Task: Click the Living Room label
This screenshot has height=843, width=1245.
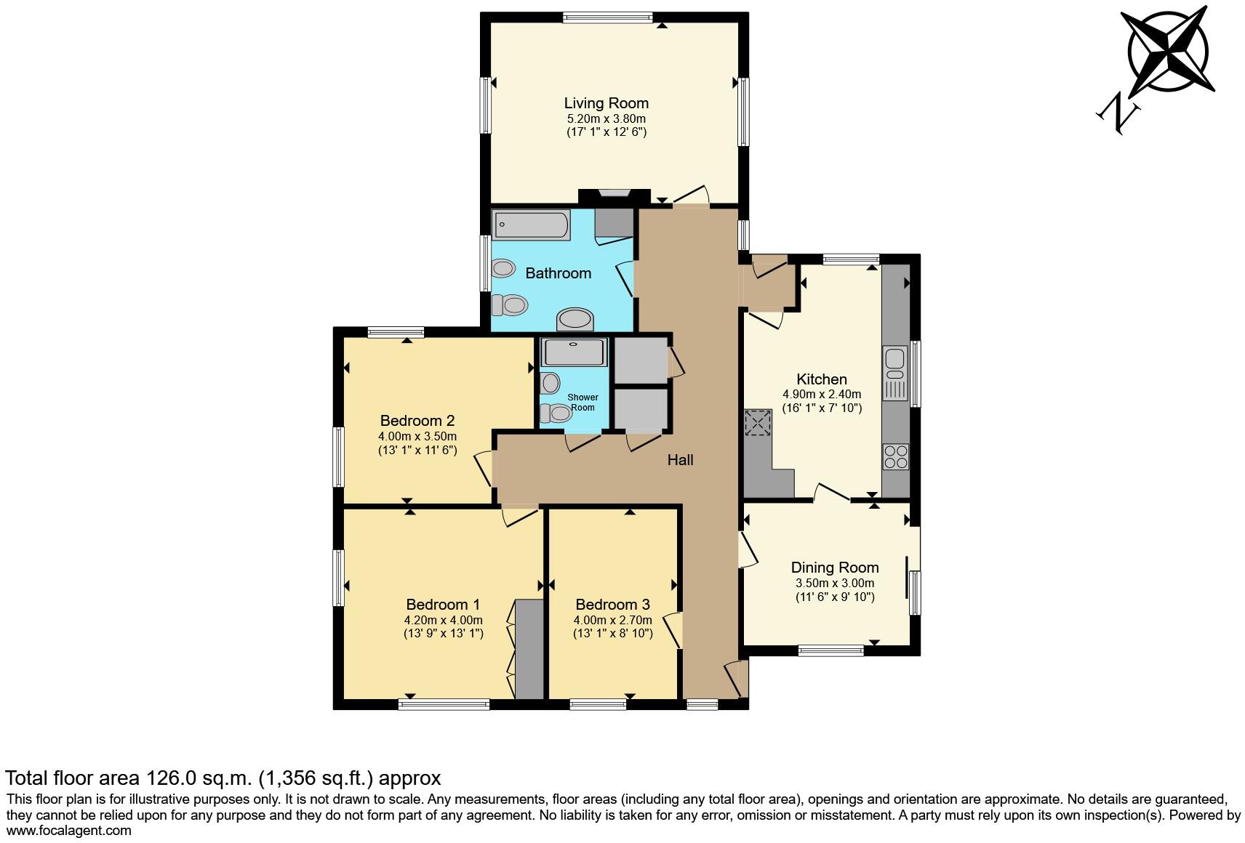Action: [x=607, y=103]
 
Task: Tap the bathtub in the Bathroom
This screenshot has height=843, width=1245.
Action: [x=532, y=225]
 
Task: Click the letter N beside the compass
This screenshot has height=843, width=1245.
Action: [x=1118, y=116]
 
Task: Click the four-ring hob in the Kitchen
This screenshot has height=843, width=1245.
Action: [x=895, y=456]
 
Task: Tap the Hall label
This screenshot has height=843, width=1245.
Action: [x=681, y=460]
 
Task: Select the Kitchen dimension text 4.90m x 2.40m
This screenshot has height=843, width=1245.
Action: [x=822, y=395]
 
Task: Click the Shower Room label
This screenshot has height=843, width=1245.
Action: [x=583, y=403]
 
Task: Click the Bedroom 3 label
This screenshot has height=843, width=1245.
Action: [x=612, y=605]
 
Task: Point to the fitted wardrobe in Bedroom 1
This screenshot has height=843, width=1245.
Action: [x=530, y=649]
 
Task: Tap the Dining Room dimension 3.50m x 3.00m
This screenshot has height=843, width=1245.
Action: [x=835, y=583]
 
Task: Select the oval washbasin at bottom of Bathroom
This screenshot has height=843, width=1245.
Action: [x=575, y=319]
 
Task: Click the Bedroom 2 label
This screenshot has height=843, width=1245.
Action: [x=417, y=421]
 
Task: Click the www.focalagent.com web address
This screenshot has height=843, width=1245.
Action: [x=69, y=831]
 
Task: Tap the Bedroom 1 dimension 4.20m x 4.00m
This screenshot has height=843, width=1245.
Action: [x=443, y=620]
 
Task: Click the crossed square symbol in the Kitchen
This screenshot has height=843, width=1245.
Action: [x=758, y=422]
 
